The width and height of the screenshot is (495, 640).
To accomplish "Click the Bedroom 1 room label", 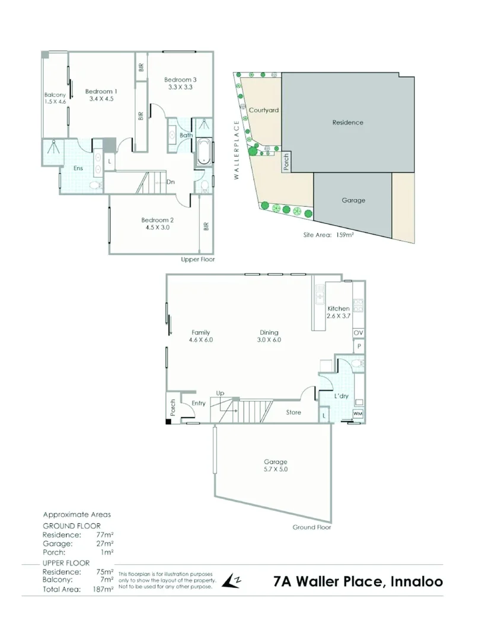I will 101,91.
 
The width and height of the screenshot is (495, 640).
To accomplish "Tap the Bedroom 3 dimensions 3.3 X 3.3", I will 180,87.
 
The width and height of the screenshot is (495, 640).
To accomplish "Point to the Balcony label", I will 55,95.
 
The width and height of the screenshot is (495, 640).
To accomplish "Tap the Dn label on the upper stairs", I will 171,182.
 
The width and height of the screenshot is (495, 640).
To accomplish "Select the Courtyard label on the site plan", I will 264,110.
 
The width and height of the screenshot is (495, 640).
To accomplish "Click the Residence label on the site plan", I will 347,123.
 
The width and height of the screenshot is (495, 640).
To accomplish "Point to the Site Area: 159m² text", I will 328,235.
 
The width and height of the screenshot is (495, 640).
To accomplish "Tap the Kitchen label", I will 338,309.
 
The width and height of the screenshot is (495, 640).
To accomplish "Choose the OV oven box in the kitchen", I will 358,334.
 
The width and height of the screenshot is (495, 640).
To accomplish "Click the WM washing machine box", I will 358,413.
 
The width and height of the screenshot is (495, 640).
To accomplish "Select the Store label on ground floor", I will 294,412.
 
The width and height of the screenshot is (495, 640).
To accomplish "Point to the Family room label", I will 201,332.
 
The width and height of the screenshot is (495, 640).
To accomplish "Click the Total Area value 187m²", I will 103,590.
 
